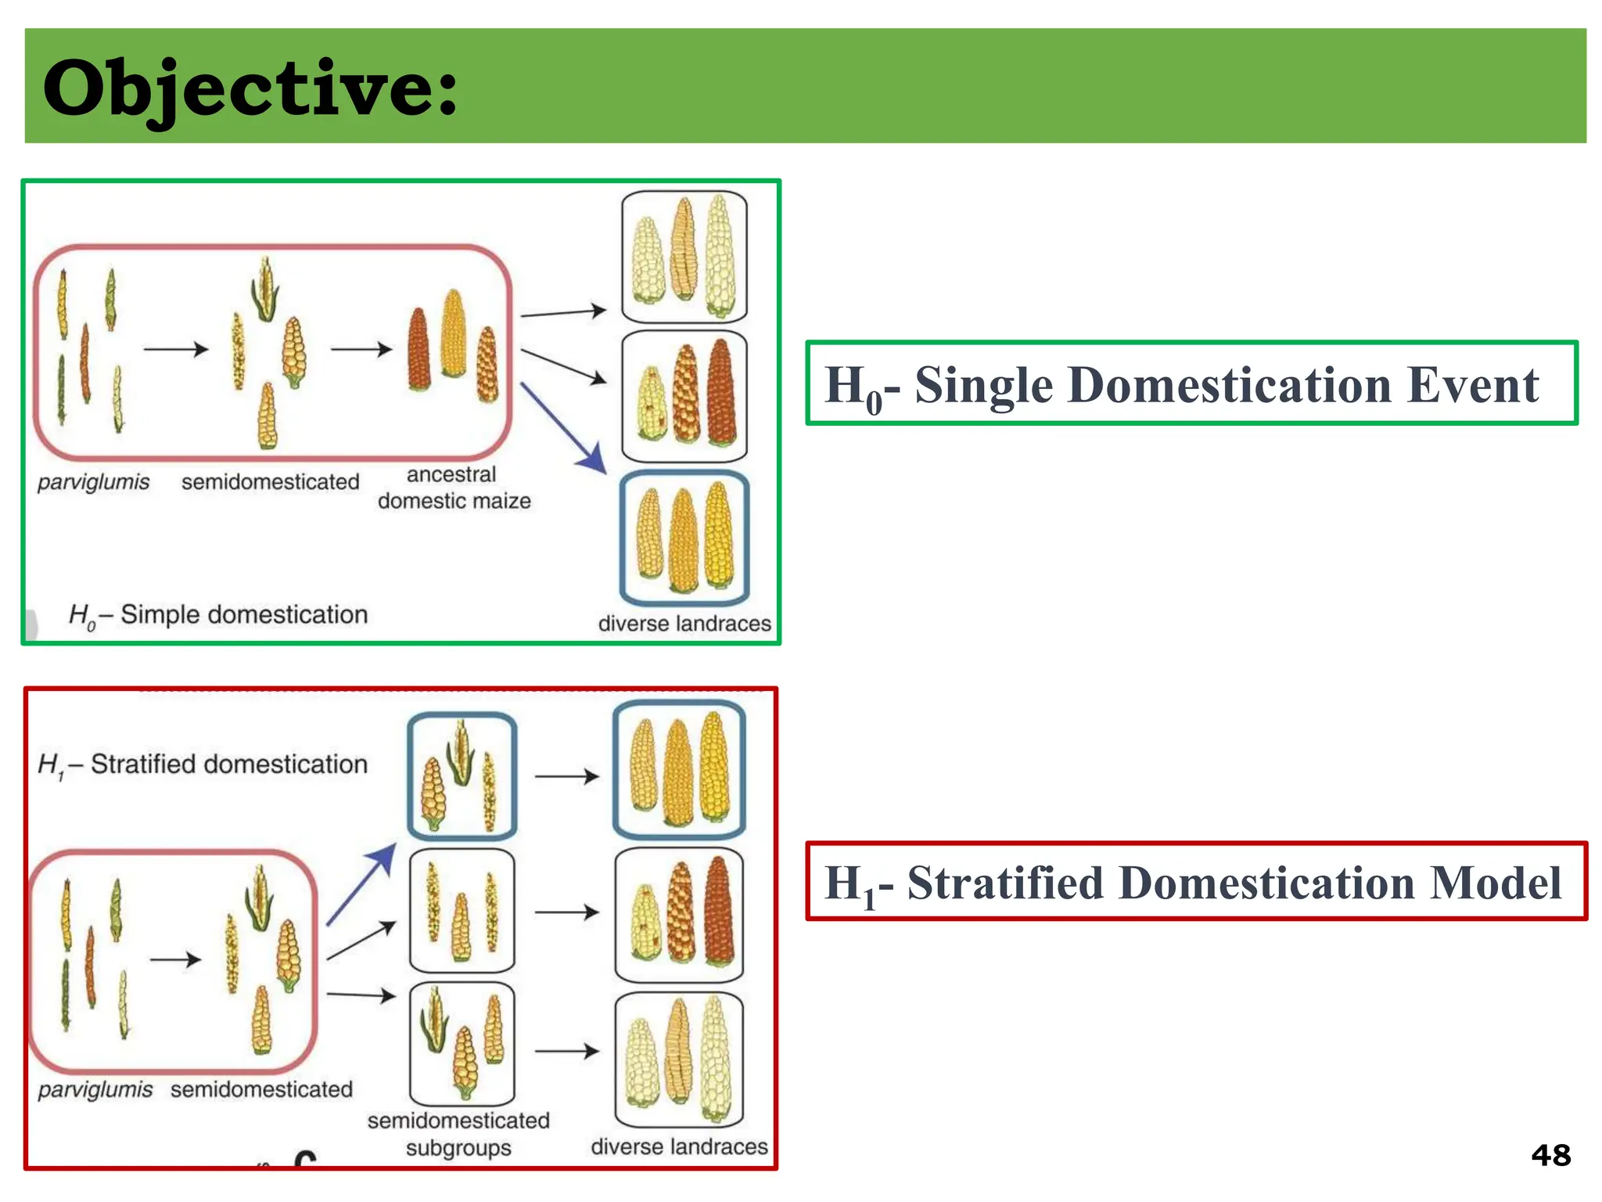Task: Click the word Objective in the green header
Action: point(250,88)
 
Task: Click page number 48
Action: point(1550,1155)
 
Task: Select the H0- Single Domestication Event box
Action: point(1191,383)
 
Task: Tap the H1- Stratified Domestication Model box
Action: point(1195,882)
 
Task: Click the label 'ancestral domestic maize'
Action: point(454,488)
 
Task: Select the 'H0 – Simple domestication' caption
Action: point(218,615)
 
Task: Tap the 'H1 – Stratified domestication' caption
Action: point(203,765)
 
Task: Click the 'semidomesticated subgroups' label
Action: point(458,1134)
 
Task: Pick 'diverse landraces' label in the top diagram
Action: point(684,624)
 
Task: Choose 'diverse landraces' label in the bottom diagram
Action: point(679,1146)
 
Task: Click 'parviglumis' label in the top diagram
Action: point(93,482)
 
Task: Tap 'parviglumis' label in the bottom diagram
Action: point(95,1089)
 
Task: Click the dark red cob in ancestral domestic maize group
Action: point(418,350)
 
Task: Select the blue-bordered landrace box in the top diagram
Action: point(684,538)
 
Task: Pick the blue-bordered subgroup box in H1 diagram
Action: point(462,776)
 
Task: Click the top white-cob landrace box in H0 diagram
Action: point(684,256)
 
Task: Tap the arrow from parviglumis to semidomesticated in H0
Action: point(176,349)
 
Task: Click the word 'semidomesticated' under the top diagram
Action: point(270,482)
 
